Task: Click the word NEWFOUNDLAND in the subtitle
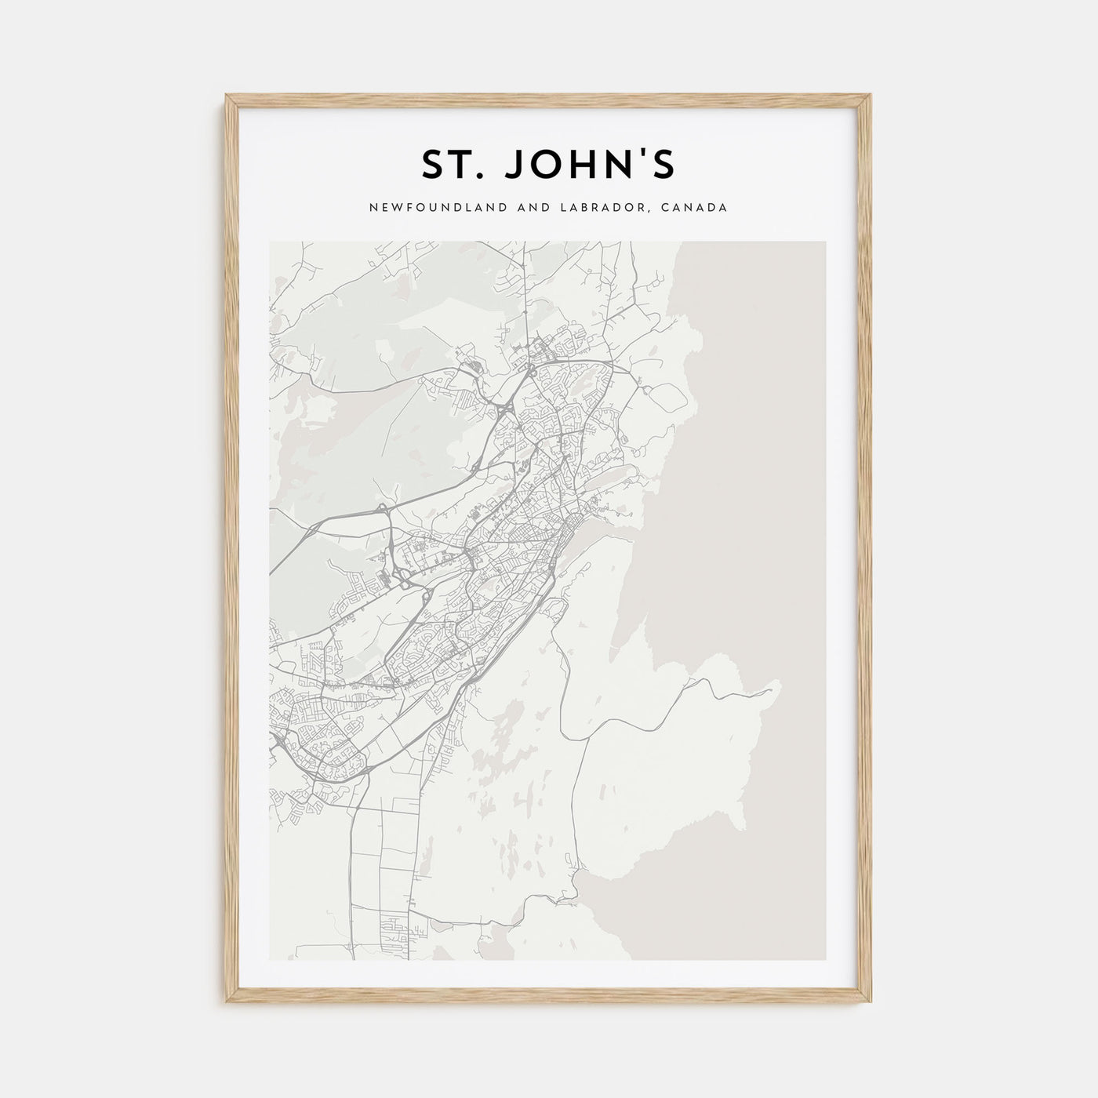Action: (415, 208)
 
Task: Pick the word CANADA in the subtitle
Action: (698, 208)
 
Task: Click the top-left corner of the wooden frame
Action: (227, 96)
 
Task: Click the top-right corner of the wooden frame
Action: (871, 96)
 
